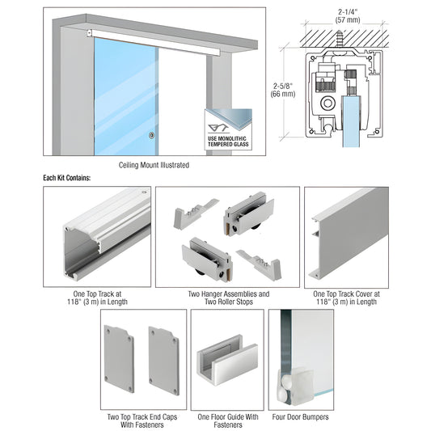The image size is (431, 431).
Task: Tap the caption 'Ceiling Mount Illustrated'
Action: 154,165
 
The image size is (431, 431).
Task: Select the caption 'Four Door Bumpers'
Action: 300,417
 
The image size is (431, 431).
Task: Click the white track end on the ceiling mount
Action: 87,33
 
